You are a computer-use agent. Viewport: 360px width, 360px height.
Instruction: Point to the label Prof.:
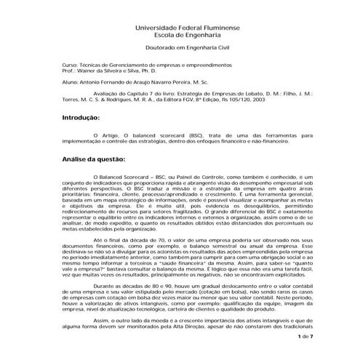click(69, 71)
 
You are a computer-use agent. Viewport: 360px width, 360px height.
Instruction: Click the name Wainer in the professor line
click(89, 71)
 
